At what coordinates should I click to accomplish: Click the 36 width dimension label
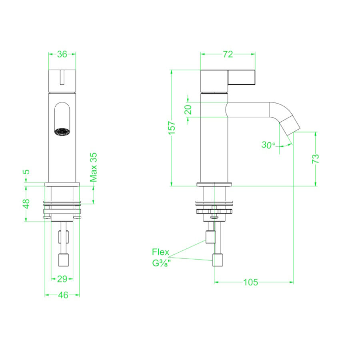coord(62,54)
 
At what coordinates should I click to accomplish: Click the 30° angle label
coord(268,145)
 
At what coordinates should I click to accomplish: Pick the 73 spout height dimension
coord(316,158)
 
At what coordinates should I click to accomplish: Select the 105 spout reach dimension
coord(250,282)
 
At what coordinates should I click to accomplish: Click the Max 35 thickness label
coord(94,167)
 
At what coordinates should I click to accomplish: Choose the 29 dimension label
coord(62,278)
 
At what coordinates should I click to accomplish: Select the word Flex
coord(160,252)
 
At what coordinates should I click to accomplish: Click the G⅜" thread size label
coord(161,264)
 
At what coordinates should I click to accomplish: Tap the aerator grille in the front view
coord(62,132)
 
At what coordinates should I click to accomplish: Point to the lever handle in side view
coord(242,78)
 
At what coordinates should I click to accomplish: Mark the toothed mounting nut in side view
coord(214,211)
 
